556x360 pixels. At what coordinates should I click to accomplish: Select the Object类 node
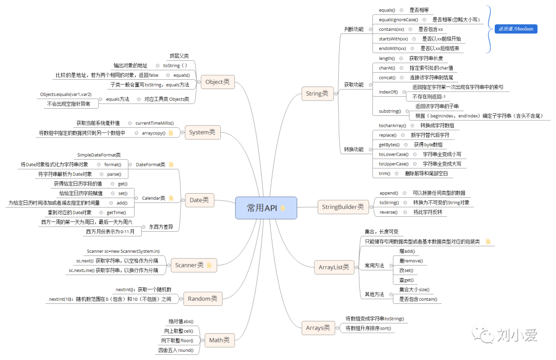[217, 82]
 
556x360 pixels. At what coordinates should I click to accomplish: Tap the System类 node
[202, 132]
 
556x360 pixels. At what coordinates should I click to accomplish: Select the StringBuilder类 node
[342, 207]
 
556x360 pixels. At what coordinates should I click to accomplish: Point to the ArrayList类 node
[334, 267]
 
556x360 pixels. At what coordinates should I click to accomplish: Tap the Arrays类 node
[318, 328]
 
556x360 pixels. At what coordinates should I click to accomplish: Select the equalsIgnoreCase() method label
[398, 20]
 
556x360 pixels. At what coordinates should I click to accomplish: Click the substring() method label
[390, 111]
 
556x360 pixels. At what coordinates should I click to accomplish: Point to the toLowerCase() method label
[393, 154]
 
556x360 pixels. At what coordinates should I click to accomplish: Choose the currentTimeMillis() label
[154, 123]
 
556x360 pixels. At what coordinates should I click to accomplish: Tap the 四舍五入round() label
[176, 350]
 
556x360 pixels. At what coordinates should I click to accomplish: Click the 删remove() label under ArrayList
[411, 261]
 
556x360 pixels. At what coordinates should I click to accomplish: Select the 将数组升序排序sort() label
[368, 328]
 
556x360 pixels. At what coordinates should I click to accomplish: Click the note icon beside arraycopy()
[171, 133]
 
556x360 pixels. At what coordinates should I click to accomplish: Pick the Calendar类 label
[153, 198]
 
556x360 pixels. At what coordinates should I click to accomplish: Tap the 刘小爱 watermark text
[517, 336]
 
